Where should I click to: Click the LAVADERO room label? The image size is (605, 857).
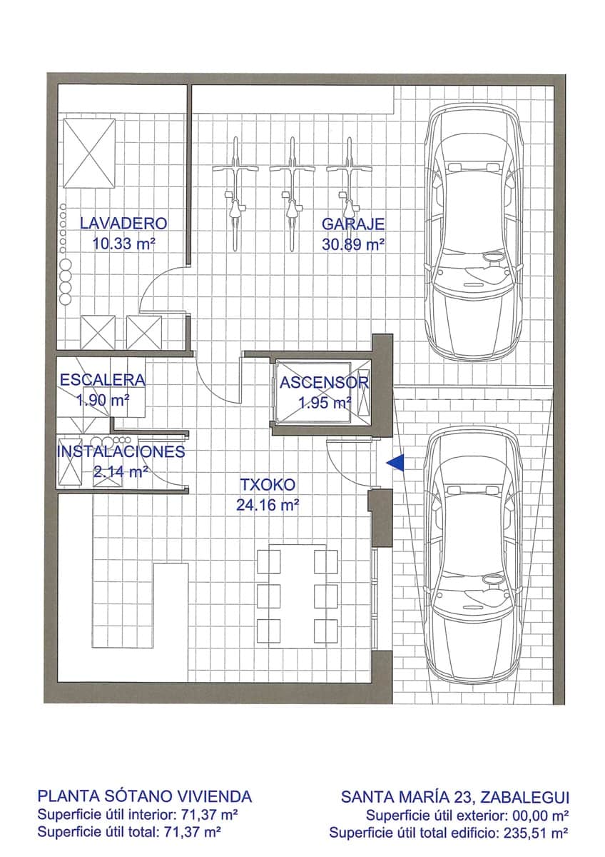click(x=123, y=223)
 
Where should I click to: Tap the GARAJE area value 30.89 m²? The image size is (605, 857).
click(x=353, y=244)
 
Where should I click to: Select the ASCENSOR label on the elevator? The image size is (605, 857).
click(x=324, y=383)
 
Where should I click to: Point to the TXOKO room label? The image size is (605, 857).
click(x=267, y=485)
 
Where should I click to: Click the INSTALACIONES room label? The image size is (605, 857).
click(x=121, y=452)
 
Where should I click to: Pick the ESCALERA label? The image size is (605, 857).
click(x=102, y=381)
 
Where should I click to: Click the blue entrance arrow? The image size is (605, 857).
click(x=395, y=463)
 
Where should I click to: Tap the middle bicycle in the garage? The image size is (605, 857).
click(x=291, y=193)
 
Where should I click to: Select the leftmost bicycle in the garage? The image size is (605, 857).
click(x=234, y=193)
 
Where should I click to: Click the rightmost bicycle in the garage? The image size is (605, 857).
click(x=348, y=193)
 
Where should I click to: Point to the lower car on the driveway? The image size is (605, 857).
click(x=473, y=553)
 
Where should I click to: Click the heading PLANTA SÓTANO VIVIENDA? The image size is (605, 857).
click(x=144, y=796)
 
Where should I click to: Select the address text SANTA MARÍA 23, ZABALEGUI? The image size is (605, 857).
click(x=454, y=796)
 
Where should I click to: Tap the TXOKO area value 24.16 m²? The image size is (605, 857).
click(x=267, y=505)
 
